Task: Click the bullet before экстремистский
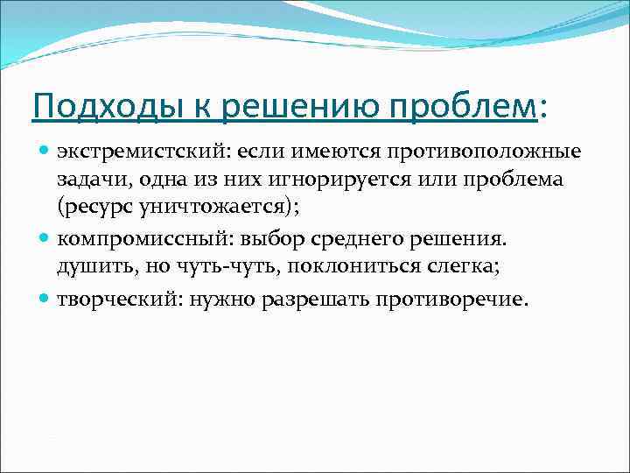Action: click(45, 152)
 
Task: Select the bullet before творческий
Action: click(45, 300)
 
